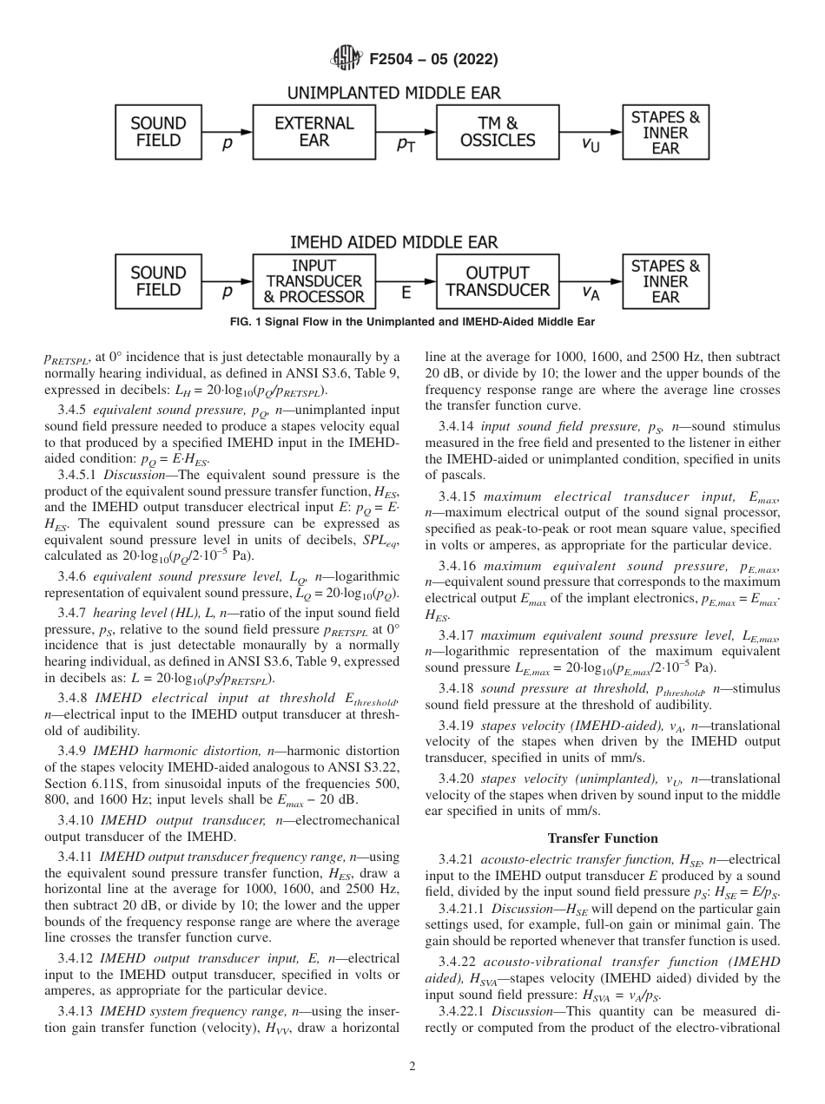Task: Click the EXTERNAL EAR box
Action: click(313, 132)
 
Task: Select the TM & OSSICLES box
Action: click(498, 132)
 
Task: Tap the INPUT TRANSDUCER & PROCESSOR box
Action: click(313, 281)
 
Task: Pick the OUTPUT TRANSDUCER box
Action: click(498, 281)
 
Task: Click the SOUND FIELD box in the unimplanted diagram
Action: click(158, 132)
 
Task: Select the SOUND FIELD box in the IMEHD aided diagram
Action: click(158, 281)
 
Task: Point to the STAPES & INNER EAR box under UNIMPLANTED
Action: click(665, 132)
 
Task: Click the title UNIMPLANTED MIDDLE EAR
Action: click(393, 93)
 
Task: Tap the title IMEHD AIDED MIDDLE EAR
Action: click(393, 242)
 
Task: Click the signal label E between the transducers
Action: click(406, 294)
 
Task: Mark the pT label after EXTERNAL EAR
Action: click(405, 146)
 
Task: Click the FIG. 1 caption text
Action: click(412, 322)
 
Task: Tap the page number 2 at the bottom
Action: click(412, 1067)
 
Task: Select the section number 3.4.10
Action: click(76, 819)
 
